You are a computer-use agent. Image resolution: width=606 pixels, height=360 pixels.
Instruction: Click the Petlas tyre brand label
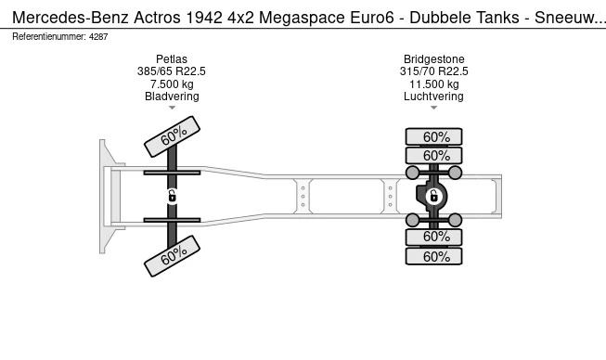click(172, 58)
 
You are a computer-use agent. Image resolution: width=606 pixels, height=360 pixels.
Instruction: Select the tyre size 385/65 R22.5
click(172, 71)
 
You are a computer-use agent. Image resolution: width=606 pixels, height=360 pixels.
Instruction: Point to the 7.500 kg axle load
click(172, 84)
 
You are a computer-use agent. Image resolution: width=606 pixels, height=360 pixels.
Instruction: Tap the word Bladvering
click(172, 96)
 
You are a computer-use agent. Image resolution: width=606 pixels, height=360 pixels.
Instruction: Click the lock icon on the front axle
click(173, 196)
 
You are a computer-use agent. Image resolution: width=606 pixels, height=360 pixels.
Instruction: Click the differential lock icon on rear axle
click(433, 196)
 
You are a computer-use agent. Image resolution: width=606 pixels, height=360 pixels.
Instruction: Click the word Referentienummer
click(48, 36)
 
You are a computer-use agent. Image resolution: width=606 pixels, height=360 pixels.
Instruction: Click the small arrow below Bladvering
click(172, 109)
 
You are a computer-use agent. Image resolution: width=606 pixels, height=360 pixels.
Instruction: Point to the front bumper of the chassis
click(105, 196)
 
